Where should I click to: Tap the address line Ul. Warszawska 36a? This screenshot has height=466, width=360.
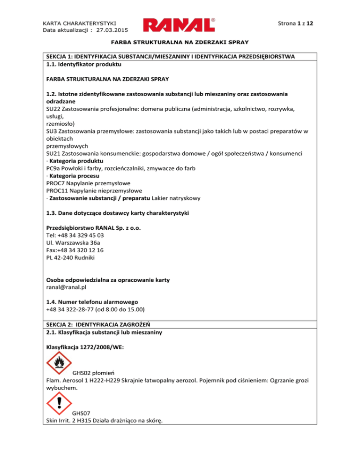tap(73, 243)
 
